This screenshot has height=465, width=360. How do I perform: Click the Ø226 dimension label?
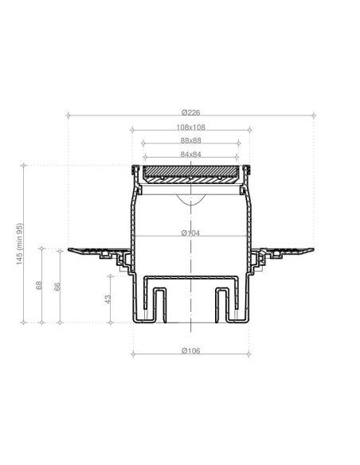pyautogui.click(x=191, y=112)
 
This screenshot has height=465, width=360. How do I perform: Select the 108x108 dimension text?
pyautogui.click(x=191, y=127)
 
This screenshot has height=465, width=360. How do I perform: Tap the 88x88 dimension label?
pyautogui.click(x=191, y=141)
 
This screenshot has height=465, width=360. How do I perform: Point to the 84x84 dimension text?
pyautogui.click(x=191, y=154)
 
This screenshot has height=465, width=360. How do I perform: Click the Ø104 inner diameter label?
pyautogui.click(x=190, y=233)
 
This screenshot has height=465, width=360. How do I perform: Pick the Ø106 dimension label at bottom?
pyautogui.click(x=191, y=351)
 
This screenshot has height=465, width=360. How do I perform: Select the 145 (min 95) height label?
pyautogui.click(x=19, y=244)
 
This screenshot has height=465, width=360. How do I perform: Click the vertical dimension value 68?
pyautogui.click(x=39, y=286)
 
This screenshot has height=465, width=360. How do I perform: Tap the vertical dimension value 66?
pyautogui.click(x=57, y=287)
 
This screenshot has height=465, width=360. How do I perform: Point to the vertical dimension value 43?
pyautogui.click(x=108, y=299)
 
